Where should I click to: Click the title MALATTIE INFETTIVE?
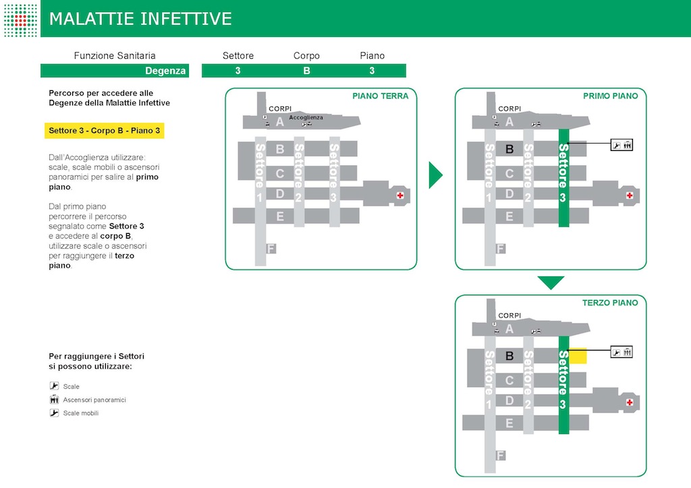pyautogui.click(x=140, y=19)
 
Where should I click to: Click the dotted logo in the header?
pyautogui.click(x=21, y=19)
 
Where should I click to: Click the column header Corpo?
pyautogui.click(x=306, y=56)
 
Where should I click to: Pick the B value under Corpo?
pyautogui.click(x=306, y=71)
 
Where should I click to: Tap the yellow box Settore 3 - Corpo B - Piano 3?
pyautogui.click(x=105, y=131)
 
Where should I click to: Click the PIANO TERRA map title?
pyautogui.click(x=380, y=96)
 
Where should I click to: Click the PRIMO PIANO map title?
pyautogui.click(x=610, y=96)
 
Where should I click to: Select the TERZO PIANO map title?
pyautogui.click(x=610, y=303)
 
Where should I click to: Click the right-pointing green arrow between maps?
pyautogui.click(x=435, y=175)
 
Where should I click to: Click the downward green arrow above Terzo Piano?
pyautogui.click(x=551, y=282)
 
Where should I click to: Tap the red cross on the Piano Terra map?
pyautogui.click(x=400, y=195)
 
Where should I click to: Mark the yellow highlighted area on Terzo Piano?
pyautogui.click(x=578, y=357)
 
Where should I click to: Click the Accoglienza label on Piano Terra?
pyautogui.click(x=306, y=117)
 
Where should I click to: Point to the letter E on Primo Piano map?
pyautogui.click(x=509, y=216)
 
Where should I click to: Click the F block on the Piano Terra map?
pyautogui.click(x=272, y=249)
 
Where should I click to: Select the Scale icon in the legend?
pyautogui.click(x=55, y=386)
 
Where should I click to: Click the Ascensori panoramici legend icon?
pyautogui.click(x=55, y=400)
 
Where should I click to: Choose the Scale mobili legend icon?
pyautogui.click(x=55, y=413)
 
